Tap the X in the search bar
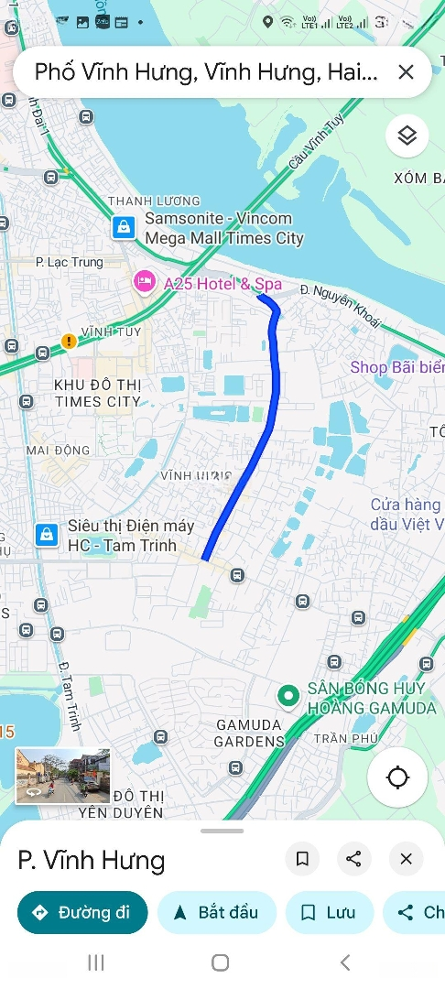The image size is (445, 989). tap(406, 72)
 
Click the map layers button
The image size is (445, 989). tap(407, 136)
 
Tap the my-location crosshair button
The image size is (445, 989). tap(397, 778)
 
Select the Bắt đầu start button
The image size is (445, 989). tap(216, 912)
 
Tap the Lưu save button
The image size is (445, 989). tap(329, 912)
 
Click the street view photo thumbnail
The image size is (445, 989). tap(62, 776)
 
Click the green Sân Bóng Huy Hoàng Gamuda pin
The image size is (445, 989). tap(289, 697)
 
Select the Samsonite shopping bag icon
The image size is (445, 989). tap(124, 227)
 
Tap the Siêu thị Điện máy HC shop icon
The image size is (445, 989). tap(47, 535)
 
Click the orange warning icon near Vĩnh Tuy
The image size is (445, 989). tap(69, 342)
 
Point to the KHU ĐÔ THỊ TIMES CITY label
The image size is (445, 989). tap(97, 393)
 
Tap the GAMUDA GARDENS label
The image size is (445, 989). tap(251, 733)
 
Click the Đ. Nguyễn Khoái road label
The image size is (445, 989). tap(346, 305)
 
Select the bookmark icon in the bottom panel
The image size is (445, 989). tap(302, 859)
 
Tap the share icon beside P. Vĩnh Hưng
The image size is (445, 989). tap(353, 859)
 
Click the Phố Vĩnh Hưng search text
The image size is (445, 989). tap(206, 72)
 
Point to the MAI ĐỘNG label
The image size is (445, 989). tap(59, 450)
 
